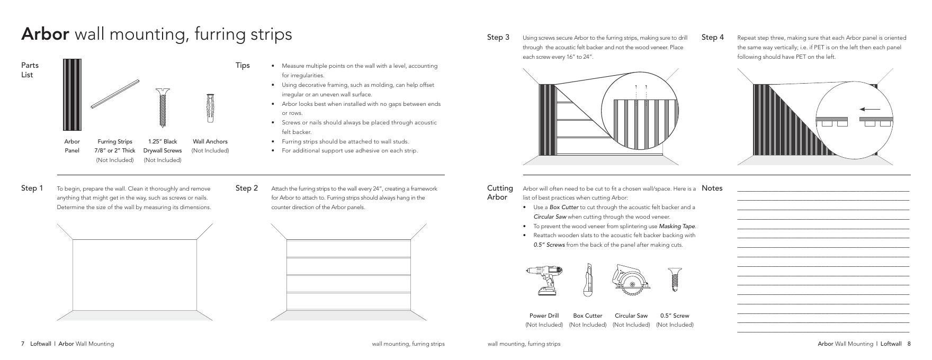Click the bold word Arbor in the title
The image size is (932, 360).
pyautogui.click(x=45, y=34)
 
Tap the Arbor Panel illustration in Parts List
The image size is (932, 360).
pyautogui.click(x=72, y=95)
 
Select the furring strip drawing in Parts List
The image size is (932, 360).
pyautogui.click(x=115, y=94)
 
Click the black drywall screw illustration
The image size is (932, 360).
pyautogui.click(x=163, y=107)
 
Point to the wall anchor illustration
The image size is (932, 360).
pyautogui.click(x=210, y=108)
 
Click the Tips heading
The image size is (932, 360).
pyautogui.click(x=243, y=66)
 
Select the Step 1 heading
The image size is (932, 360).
pyautogui.click(x=32, y=188)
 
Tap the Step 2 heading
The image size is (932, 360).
pyautogui.click(x=247, y=188)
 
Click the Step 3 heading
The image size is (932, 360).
pyautogui.click(x=498, y=38)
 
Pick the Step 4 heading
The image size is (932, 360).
pyautogui.click(x=713, y=38)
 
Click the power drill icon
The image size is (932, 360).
pyautogui.click(x=544, y=281)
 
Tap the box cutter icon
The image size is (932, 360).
pyautogui.click(x=587, y=280)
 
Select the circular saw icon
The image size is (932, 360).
pyautogui.click(x=631, y=280)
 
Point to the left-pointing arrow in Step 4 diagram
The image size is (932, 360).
pyautogui.click(x=870, y=110)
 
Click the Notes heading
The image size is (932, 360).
pyautogui.click(x=712, y=188)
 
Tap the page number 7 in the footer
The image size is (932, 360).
pyautogui.click(x=23, y=344)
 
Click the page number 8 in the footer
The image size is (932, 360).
pyautogui.click(x=909, y=344)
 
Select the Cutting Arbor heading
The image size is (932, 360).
pyautogui.click(x=500, y=193)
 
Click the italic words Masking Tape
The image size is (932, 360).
pyautogui.click(x=677, y=227)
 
